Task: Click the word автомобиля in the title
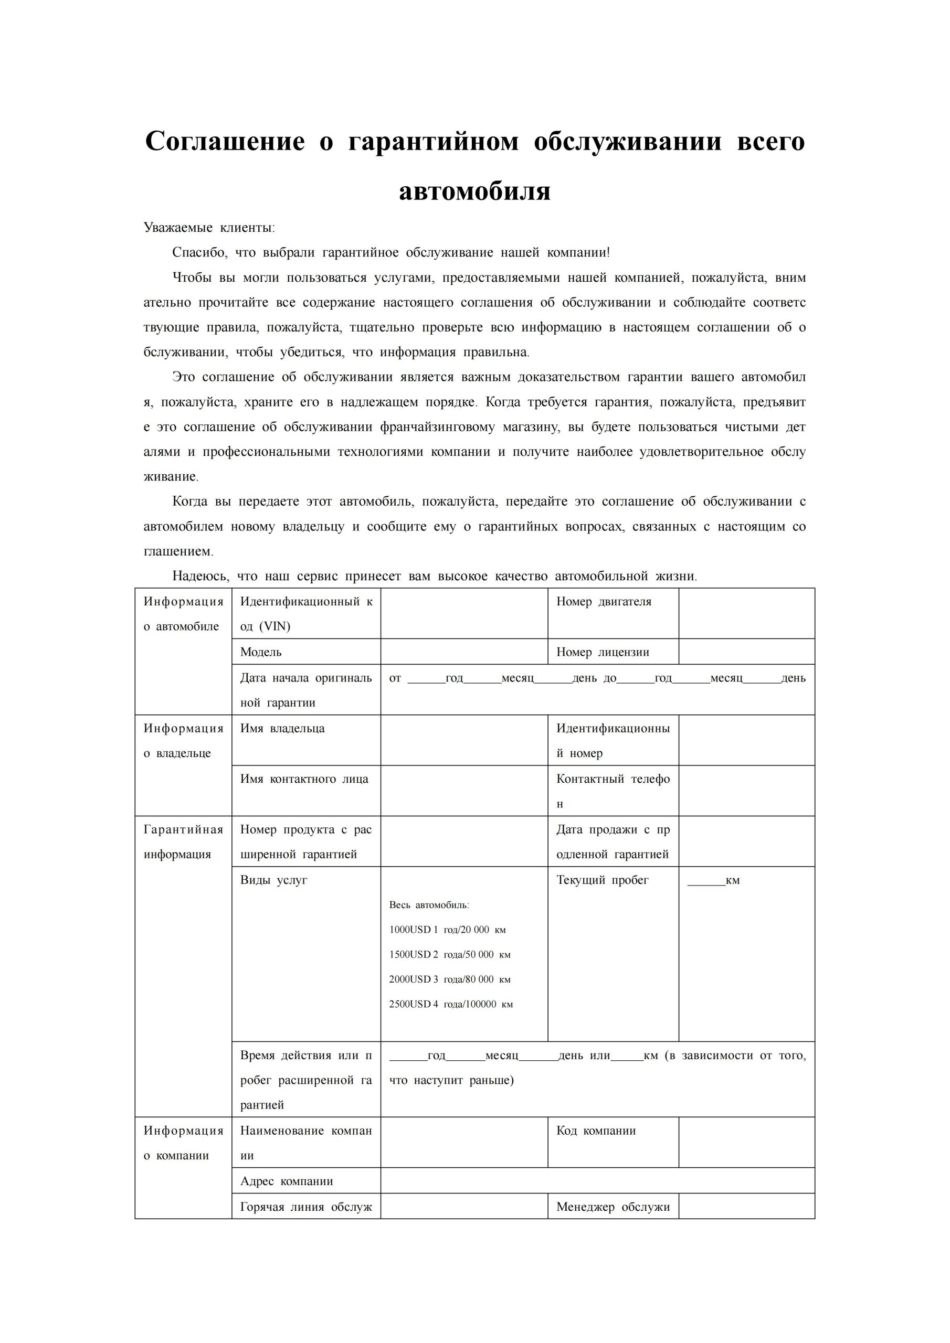click(x=474, y=191)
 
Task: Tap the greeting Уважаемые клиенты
click(x=209, y=228)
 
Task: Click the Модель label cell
click(x=261, y=652)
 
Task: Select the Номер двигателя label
click(x=604, y=601)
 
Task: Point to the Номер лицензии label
click(x=603, y=652)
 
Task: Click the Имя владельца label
click(x=282, y=728)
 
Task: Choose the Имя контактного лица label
click(x=304, y=779)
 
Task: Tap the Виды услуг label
click(x=273, y=880)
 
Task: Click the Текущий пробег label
click(x=603, y=880)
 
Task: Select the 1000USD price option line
click(x=447, y=930)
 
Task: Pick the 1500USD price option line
click(x=449, y=955)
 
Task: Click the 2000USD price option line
click(x=449, y=979)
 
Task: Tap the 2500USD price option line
click(x=451, y=1004)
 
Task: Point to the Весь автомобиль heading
click(x=429, y=905)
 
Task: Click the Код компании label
click(x=596, y=1131)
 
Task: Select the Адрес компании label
click(x=287, y=1181)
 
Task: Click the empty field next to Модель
click(x=463, y=652)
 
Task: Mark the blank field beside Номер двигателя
click(x=746, y=613)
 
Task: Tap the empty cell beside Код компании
click(x=746, y=1143)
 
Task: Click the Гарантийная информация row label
click(x=183, y=841)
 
